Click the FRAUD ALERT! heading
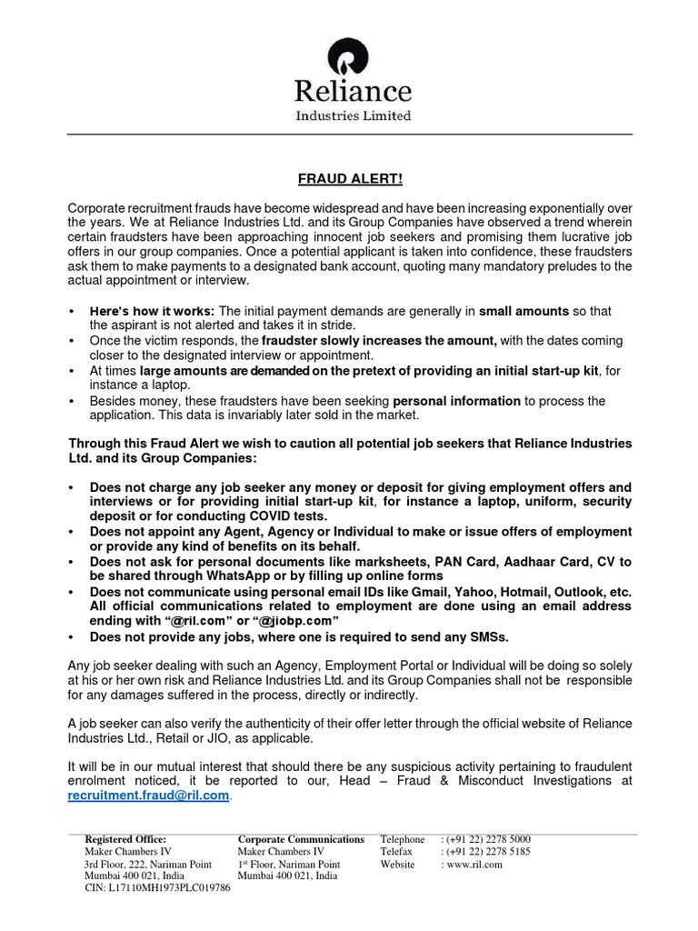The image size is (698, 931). click(350, 181)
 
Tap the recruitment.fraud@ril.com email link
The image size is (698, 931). click(148, 796)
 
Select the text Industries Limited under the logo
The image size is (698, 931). click(353, 115)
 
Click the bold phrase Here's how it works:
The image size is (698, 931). click(152, 311)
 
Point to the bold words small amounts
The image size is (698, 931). click(523, 311)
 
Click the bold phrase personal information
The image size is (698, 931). click(456, 401)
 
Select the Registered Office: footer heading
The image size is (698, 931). click(125, 839)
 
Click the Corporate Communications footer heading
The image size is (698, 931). click(301, 839)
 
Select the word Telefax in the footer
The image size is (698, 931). click(396, 852)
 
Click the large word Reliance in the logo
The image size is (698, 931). click(353, 92)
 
